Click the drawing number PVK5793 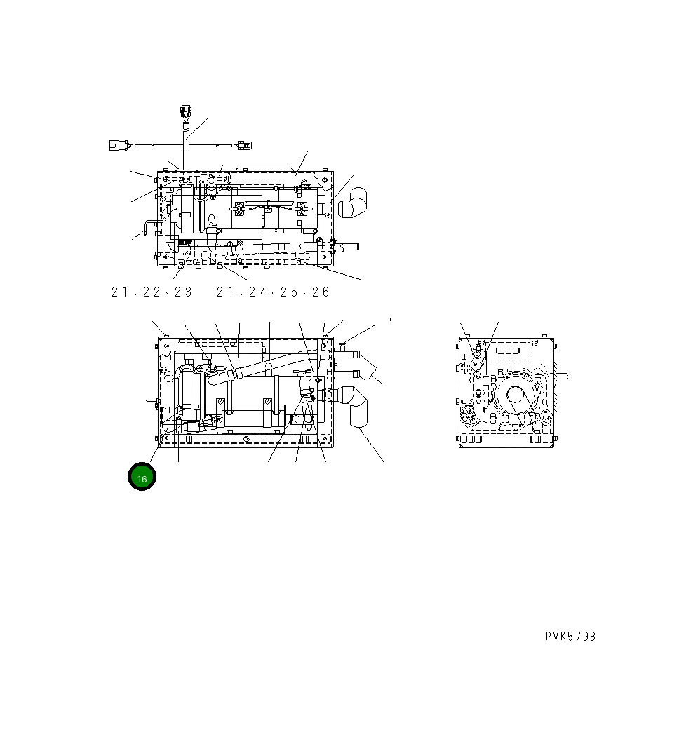click(570, 637)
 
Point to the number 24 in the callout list click(257, 292)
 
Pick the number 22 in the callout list click(152, 292)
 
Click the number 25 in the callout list click(289, 292)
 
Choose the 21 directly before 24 click(225, 292)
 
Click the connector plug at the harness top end click(186, 111)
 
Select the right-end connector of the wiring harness click(243, 145)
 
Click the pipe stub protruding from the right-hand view click(561, 375)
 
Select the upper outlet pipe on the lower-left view click(347, 356)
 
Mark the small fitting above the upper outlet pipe click(342, 344)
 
